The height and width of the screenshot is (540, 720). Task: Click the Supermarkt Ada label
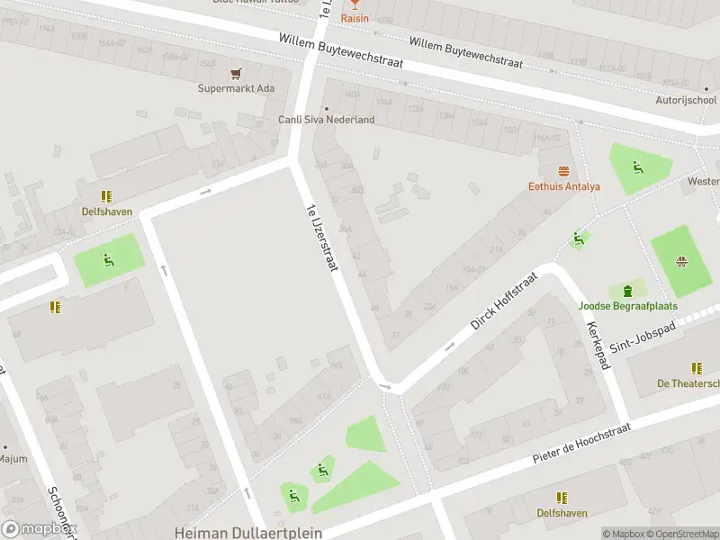click(x=237, y=88)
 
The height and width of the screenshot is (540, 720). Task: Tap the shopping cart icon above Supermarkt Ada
click(x=237, y=74)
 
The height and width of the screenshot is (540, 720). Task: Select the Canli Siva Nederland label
click(x=326, y=120)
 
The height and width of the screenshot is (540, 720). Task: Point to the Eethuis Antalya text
click(x=563, y=186)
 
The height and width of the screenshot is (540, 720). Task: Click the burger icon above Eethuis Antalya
click(x=564, y=171)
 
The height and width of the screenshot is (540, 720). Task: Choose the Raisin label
click(x=354, y=17)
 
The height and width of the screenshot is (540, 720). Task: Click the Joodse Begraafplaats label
click(x=627, y=306)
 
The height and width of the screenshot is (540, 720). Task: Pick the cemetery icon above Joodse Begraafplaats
click(x=627, y=291)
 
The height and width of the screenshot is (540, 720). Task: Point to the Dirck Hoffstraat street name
click(x=503, y=300)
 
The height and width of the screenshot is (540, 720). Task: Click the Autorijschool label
click(x=686, y=101)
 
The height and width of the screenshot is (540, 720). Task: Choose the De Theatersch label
click(x=688, y=383)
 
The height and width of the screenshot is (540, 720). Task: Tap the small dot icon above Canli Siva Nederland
click(x=327, y=109)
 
